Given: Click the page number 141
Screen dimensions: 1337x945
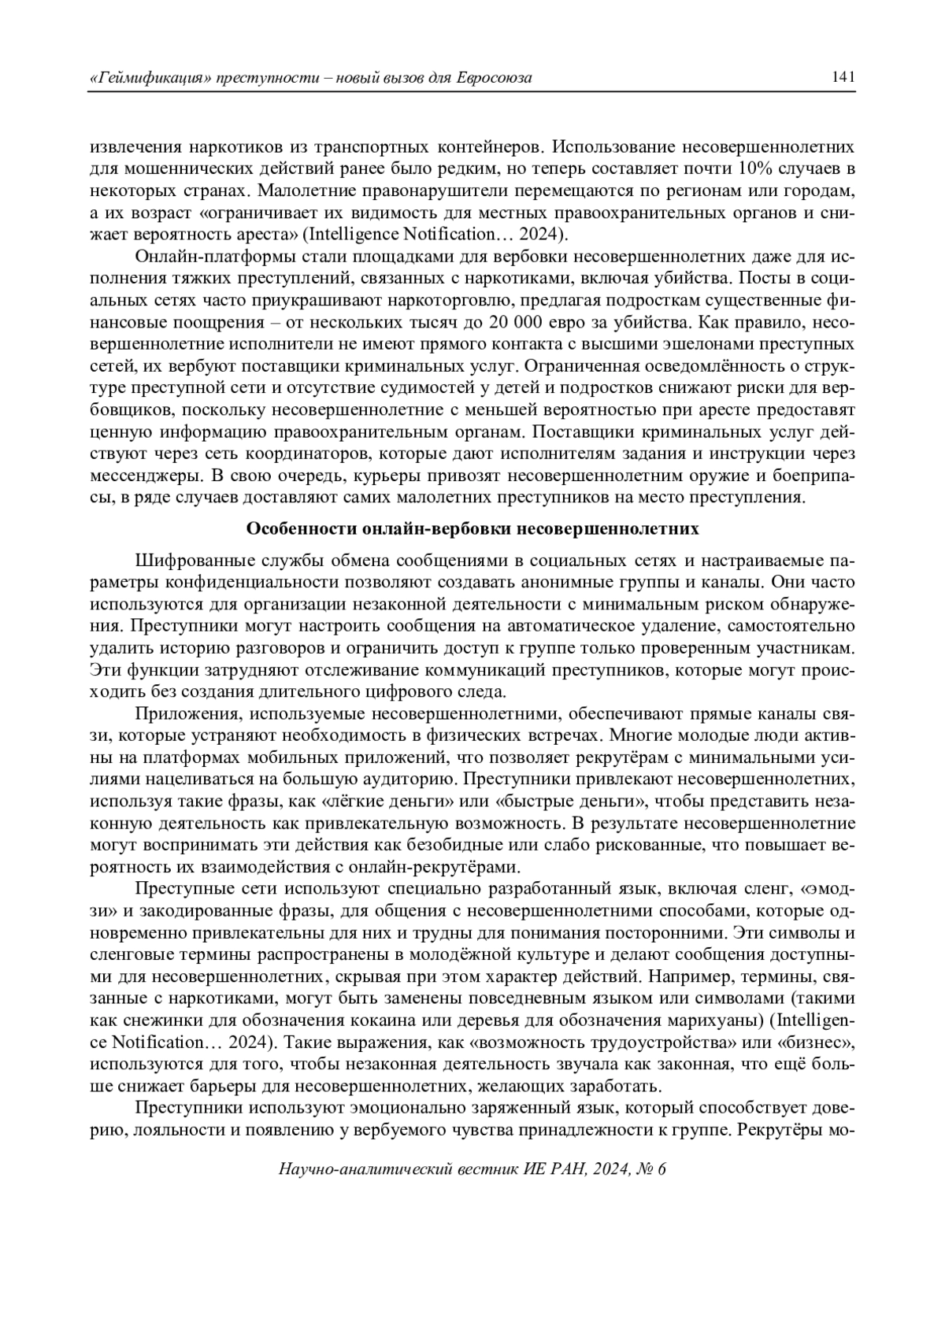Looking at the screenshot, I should click(x=843, y=77).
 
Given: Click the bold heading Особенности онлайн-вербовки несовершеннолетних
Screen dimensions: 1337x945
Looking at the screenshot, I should click(x=472, y=528).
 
